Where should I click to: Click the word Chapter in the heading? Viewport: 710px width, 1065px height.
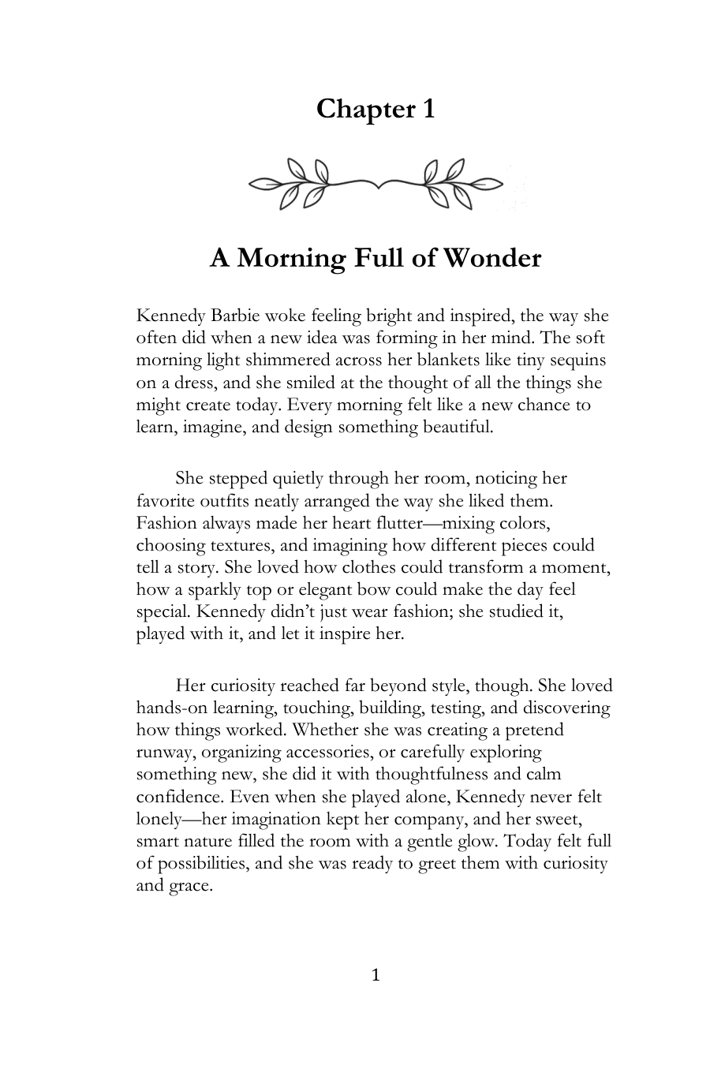click(356, 109)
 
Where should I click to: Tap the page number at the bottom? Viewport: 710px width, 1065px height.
click(376, 976)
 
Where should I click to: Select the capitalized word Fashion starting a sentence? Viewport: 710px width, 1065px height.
click(165, 522)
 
